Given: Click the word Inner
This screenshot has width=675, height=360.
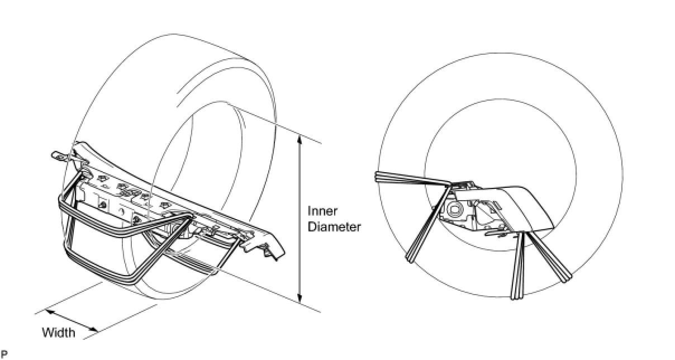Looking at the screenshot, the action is [x=322, y=211].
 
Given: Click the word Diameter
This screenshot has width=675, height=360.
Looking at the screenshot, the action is [x=334, y=227].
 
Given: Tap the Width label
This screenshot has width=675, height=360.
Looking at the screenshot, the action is [x=59, y=333].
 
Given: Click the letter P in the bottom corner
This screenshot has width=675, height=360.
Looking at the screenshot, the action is [x=4, y=354].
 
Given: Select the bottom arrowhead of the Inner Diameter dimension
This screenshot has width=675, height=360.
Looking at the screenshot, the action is [x=300, y=299].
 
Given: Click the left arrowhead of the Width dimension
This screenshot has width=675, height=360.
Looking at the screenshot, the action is [x=49, y=311].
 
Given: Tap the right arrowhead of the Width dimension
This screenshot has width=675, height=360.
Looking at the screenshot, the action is [x=94, y=330].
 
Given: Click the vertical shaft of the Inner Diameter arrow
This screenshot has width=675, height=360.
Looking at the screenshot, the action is [x=300, y=219].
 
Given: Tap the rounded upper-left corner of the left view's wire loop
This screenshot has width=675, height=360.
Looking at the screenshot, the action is [x=62, y=198].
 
